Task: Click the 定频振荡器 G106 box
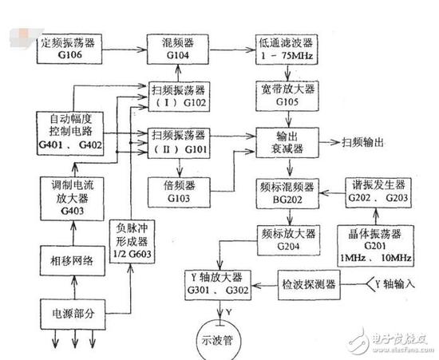tap(73, 47)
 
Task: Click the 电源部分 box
tap(72, 310)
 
